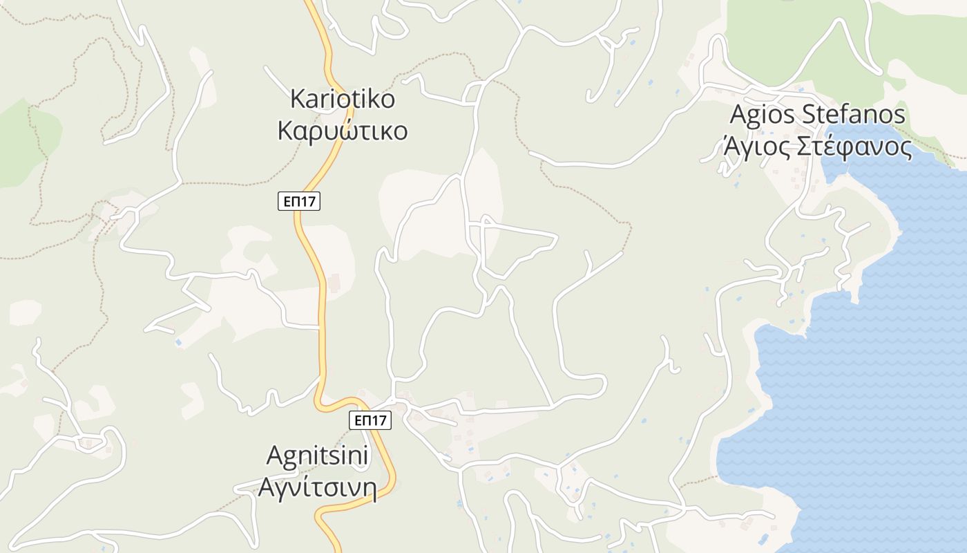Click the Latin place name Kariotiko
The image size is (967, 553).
click(343, 99)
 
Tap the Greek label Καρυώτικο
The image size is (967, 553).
click(343, 131)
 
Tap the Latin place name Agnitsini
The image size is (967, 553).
click(318, 456)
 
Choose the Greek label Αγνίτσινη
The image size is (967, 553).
click(318, 488)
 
